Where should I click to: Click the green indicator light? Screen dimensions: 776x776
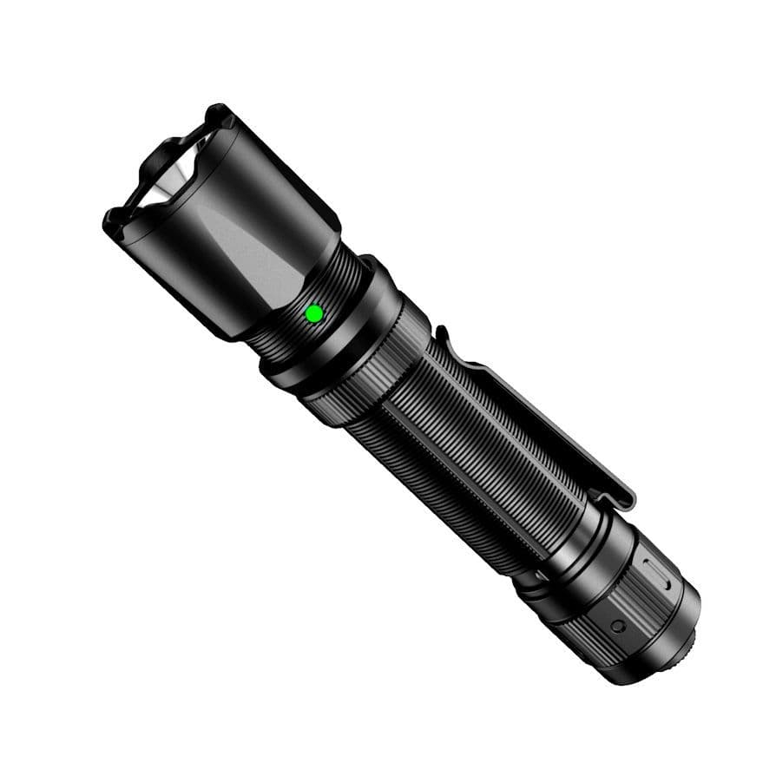point(315,313)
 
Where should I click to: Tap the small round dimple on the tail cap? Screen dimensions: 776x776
point(616,625)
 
